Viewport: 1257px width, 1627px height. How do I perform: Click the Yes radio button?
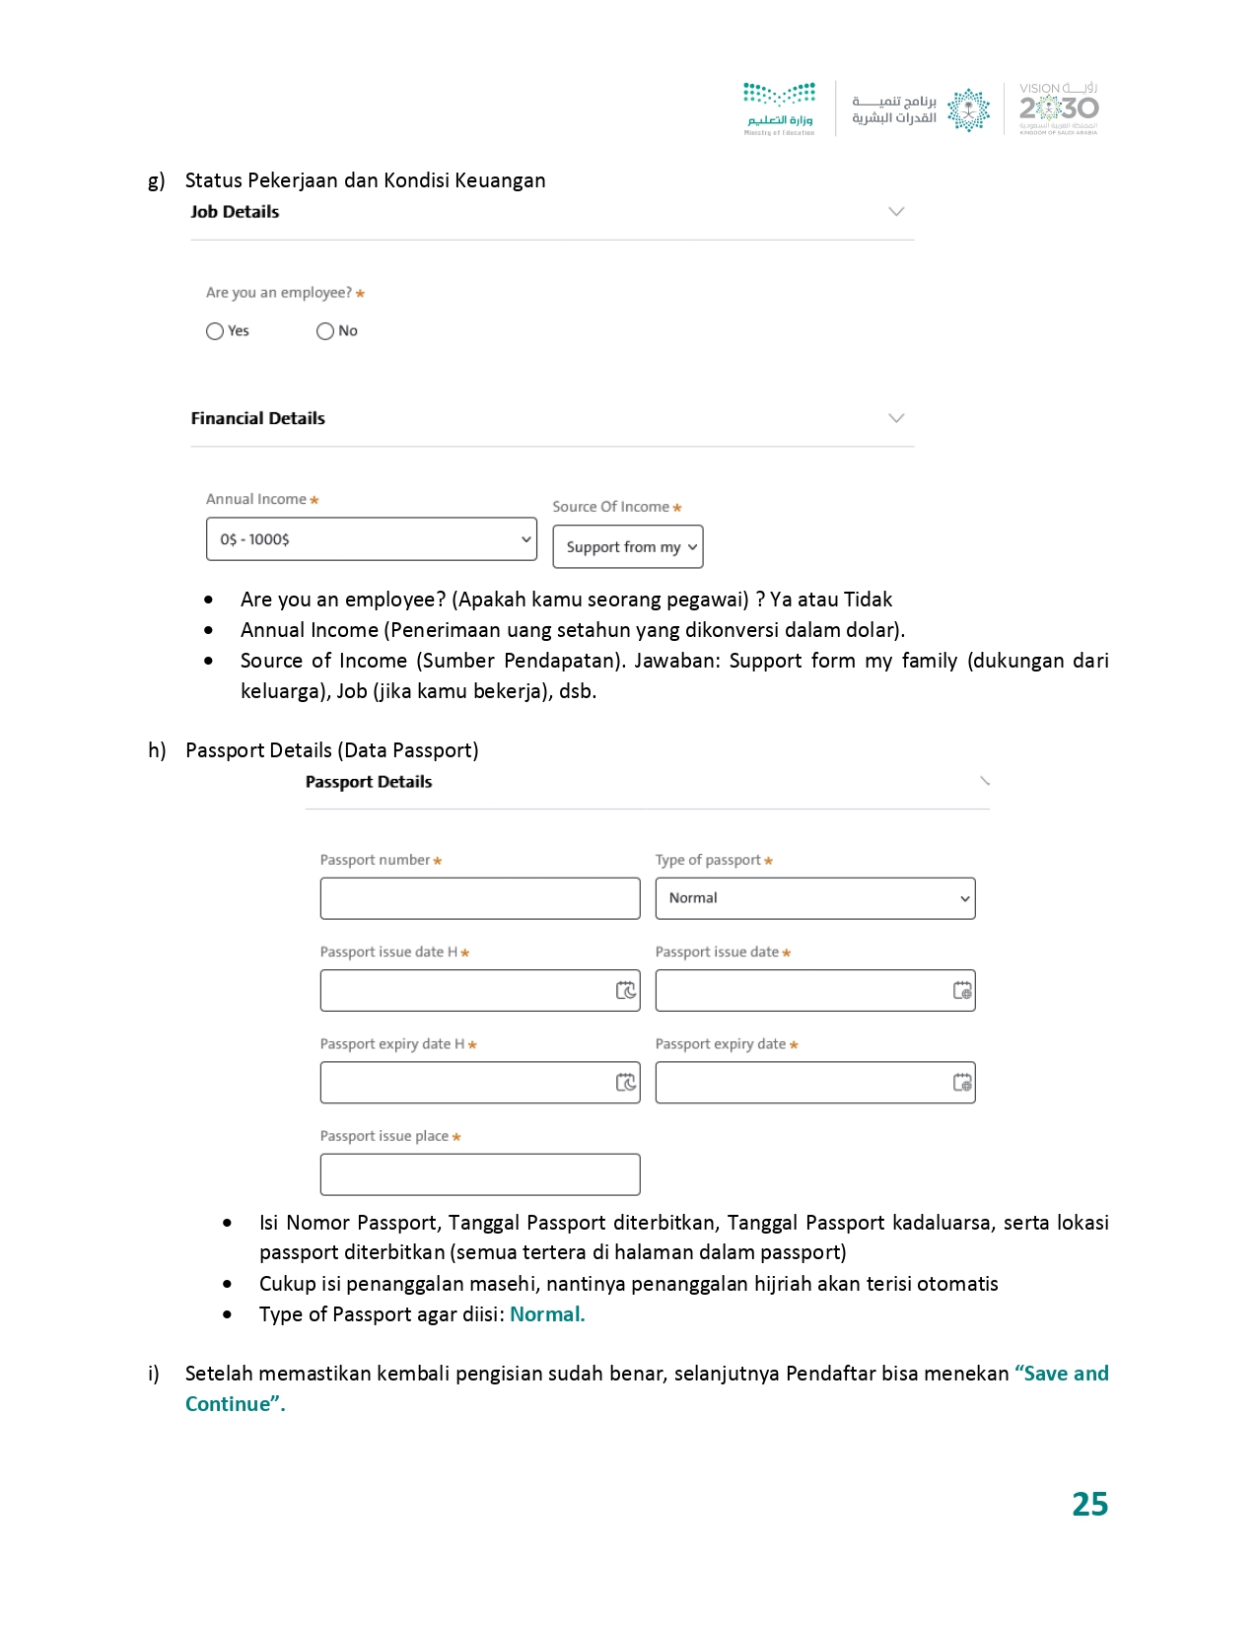click(x=215, y=331)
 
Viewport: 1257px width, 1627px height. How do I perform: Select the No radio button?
click(x=325, y=331)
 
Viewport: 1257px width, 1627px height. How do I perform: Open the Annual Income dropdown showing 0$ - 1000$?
click(x=371, y=539)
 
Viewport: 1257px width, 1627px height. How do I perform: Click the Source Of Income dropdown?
click(x=627, y=547)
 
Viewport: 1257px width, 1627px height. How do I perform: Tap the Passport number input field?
click(x=479, y=898)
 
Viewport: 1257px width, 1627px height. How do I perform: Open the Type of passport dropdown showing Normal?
click(x=814, y=898)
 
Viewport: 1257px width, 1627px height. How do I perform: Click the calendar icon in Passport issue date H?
click(x=625, y=990)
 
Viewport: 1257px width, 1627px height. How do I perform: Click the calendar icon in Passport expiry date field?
click(x=962, y=1083)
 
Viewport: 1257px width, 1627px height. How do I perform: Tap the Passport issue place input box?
click(x=479, y=1174)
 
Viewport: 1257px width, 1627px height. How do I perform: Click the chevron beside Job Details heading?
click(x=895, y=212)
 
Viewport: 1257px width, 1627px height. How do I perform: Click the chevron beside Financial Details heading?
click(x=895, y=418)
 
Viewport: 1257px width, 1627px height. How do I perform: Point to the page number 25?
click(x=1089, y=1504)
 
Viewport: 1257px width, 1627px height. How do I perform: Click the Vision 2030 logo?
click(x=1058, y=108)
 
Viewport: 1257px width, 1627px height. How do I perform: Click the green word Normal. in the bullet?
click(x=547, y=1314)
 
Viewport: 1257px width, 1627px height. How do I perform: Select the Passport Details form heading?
click(x=369, y=782)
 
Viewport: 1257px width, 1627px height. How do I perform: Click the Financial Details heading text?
click(x=257, y=418)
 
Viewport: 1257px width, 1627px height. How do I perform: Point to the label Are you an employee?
click(x=279, y=293)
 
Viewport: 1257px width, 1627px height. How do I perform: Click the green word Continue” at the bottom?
click(x=235, y=1404)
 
